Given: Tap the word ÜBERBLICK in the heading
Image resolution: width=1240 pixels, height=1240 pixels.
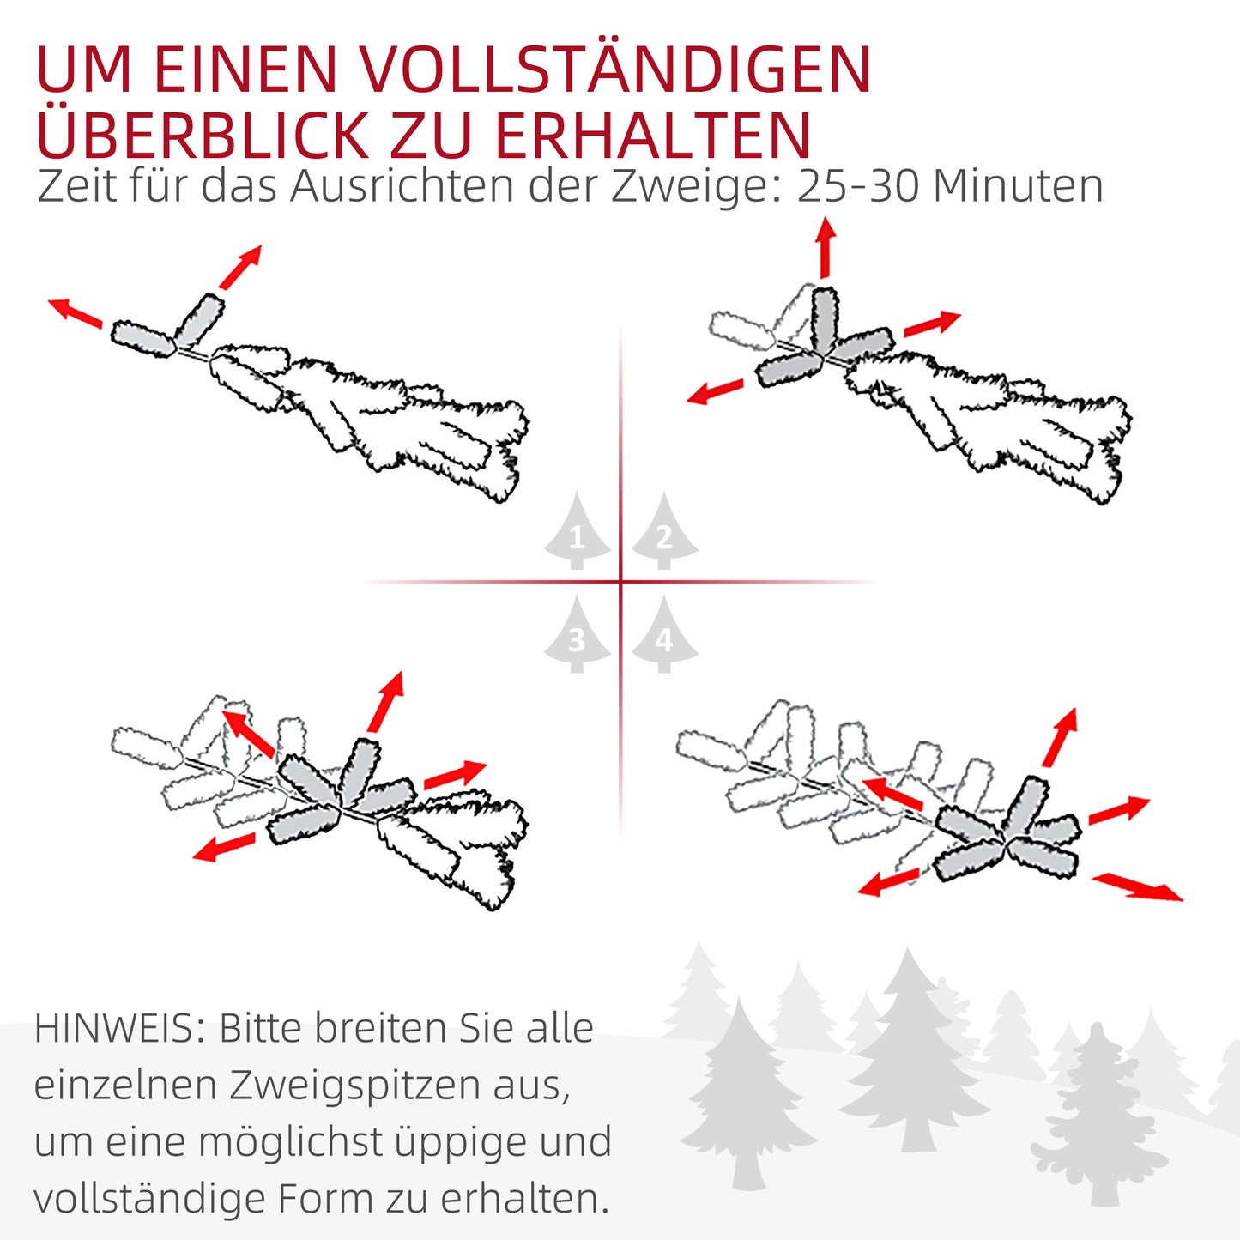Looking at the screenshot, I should pyautogui.click(x=203, y=135).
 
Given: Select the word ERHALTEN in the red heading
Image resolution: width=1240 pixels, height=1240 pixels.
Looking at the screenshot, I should pyautogui.click(x=652, y=135).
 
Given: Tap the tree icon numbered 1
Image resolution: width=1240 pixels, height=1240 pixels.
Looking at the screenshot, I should pyautogui.click(x=577, y=532).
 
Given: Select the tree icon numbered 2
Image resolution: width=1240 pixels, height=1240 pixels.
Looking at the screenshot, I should pyautogui.click(x=664, y=532).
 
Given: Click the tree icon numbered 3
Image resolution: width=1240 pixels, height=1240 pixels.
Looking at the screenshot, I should pyautogui.click(x=577, y=635).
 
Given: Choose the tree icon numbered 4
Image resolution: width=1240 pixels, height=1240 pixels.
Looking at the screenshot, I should pyautogui.click(x=664, y=635).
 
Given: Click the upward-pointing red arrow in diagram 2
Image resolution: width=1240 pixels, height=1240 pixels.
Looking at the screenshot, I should pyautogui.click(x=826, y=247).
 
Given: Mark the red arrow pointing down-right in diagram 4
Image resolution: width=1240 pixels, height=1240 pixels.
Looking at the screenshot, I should pyautogui.click(x=1137, y=886).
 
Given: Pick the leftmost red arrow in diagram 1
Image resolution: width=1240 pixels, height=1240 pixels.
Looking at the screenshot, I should pyautogui.click(x=75, y=312).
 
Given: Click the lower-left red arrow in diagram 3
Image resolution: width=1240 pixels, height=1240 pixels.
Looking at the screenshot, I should pyautogui.click(x=224, y=847).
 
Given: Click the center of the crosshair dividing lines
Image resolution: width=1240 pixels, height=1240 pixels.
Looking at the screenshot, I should pyautogui.click(x=620, y=582).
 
